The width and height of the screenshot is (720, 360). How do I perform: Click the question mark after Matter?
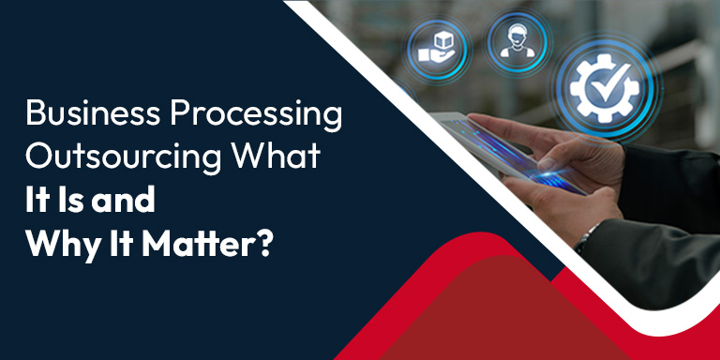click(x=266, y=238)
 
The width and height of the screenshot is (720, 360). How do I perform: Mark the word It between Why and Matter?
click(x=123, y=238)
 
